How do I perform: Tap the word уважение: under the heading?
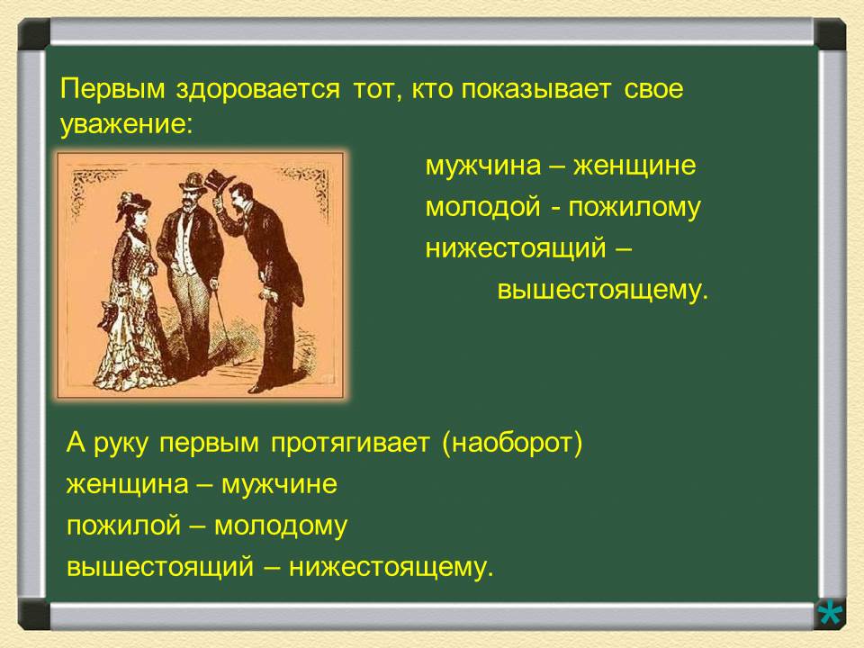(126, 125)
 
